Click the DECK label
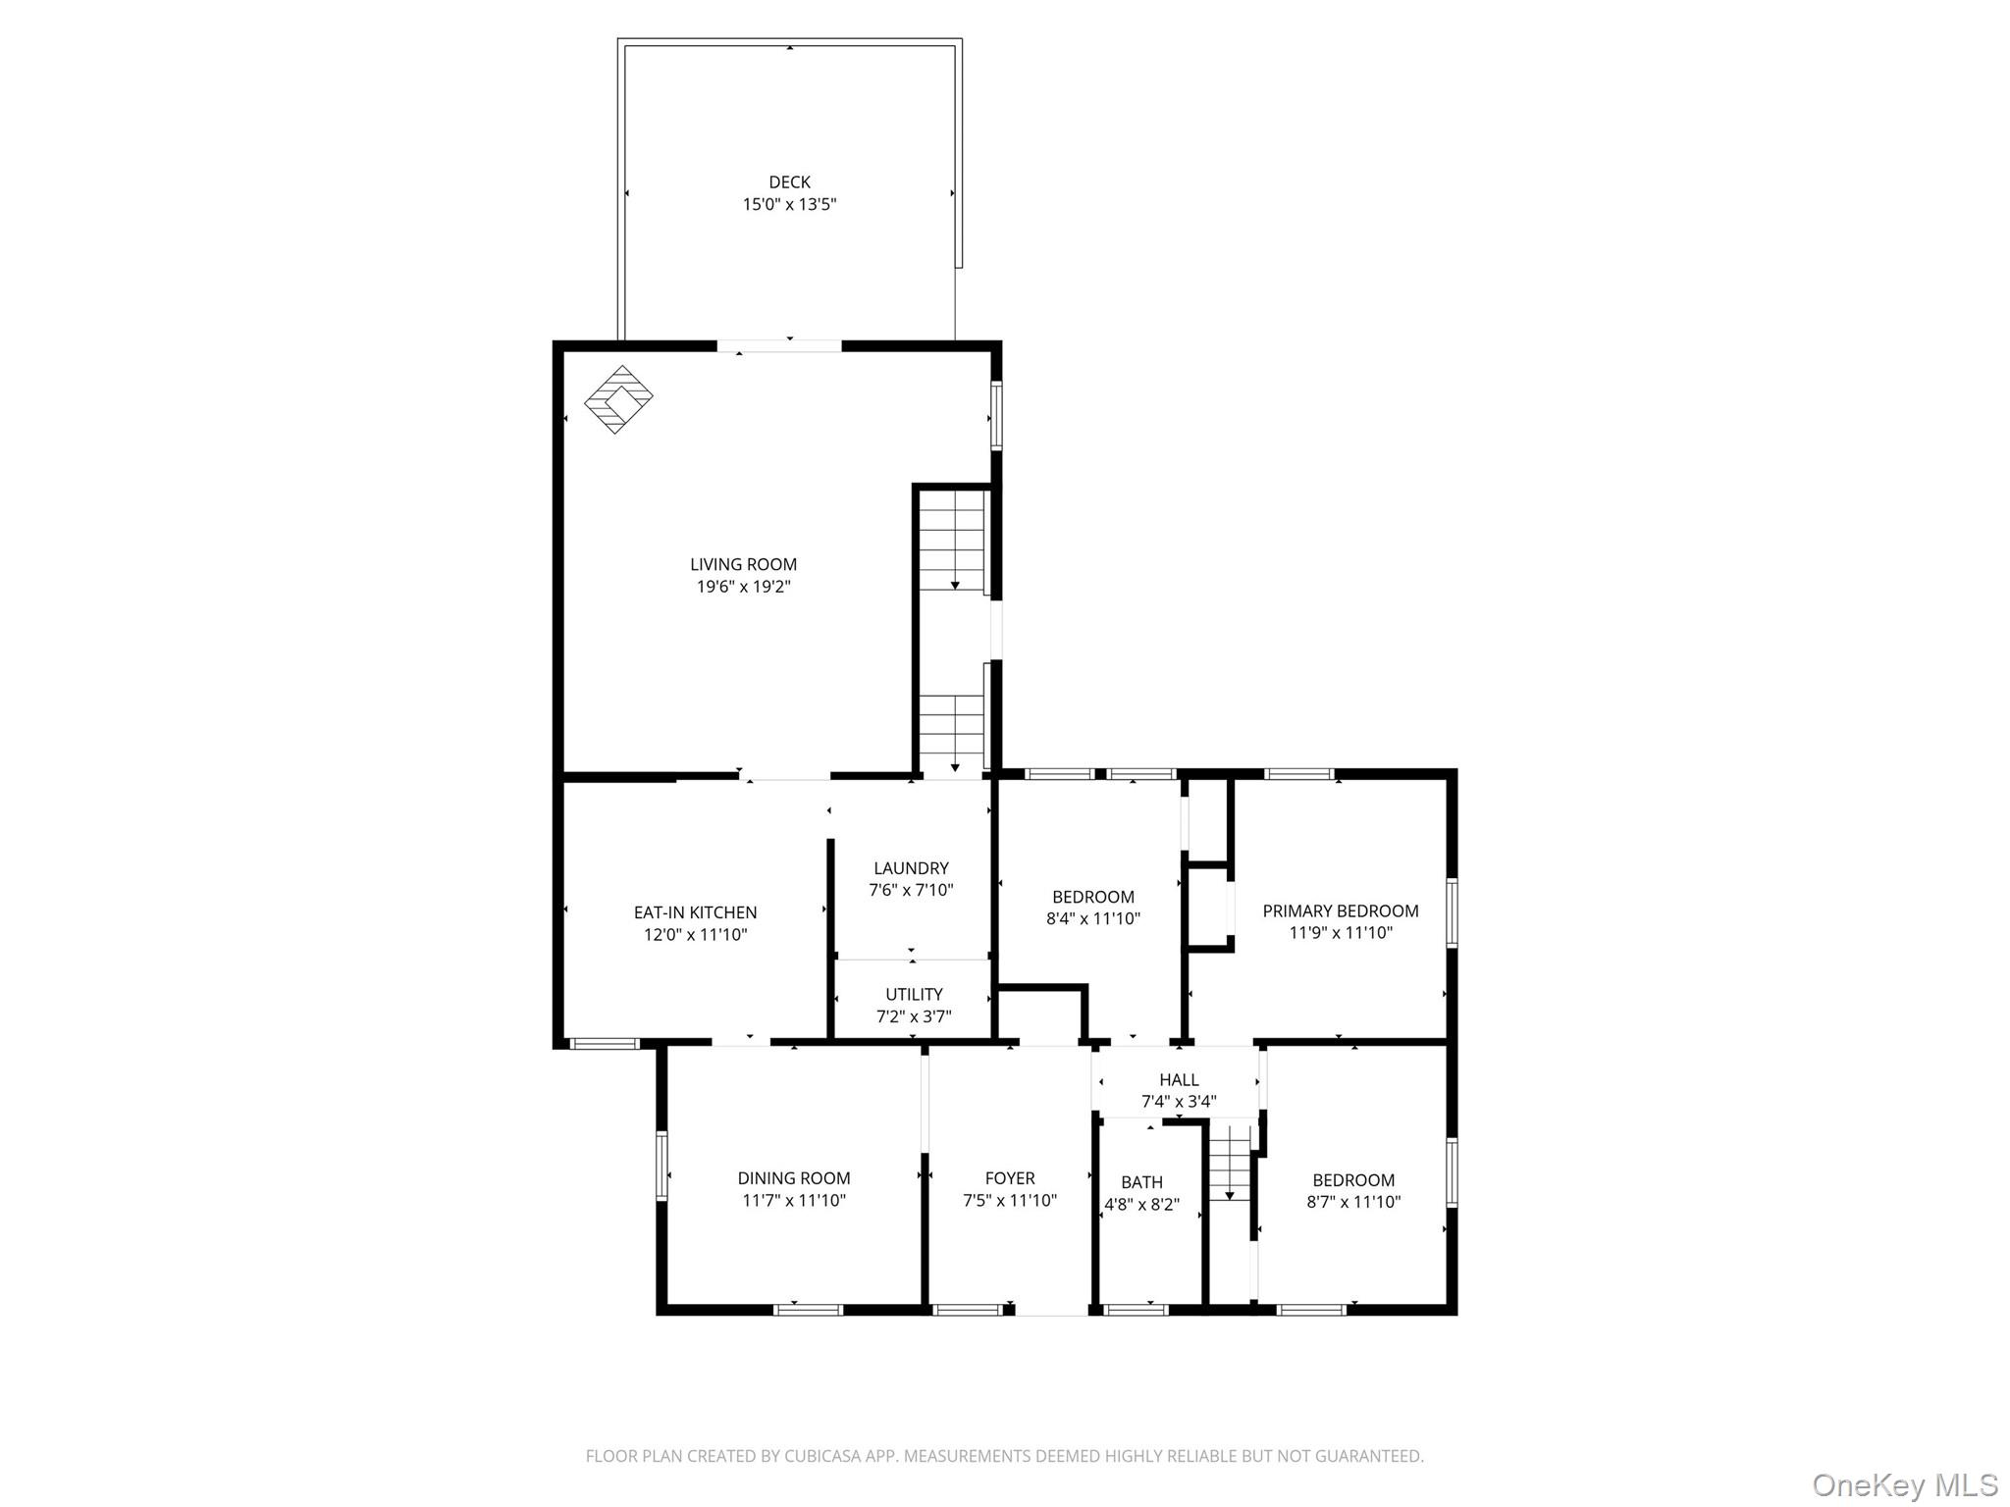click(x=789, y=182)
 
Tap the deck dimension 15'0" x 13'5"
click(x=789, y=205)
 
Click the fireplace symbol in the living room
click(x=618, y=399)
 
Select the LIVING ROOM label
click(x=743, y=564)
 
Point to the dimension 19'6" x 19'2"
click(x=743, y=587)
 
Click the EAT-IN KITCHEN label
click(x=695, y=912)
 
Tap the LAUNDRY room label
click(x=911, y=868)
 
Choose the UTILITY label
click(x=914, y=994)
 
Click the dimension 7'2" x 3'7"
click(x=914, y=1016)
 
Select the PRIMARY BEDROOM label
click(x=1340, y=910)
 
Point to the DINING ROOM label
click(x=794, y=1178)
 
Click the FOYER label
click(x=1010, y=1178)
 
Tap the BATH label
click(x=1141, y=1182)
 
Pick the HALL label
click(x=1179, y=1079)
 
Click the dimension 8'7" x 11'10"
click(x=1353, y=1202)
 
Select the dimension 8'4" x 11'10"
click(x=1092, y=919)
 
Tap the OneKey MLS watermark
click(x=1904, y=1485)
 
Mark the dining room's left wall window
click(x=661, y=1166)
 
